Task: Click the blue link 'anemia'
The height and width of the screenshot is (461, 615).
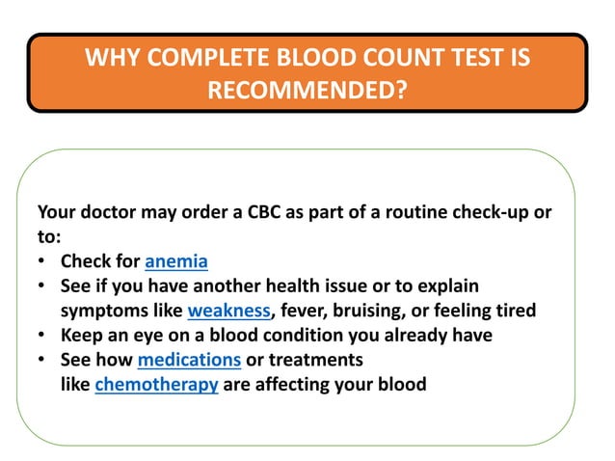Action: pos(176,261)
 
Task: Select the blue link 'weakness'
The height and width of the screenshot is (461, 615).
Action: pos(228,311)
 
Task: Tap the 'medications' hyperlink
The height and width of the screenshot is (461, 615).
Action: pos(189,360)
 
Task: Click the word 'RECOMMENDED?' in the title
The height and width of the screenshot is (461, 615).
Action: pos(307,91)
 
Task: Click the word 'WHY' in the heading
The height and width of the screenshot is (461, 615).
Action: pos(112,58)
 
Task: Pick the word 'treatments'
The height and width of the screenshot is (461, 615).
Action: pos(318,360)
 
